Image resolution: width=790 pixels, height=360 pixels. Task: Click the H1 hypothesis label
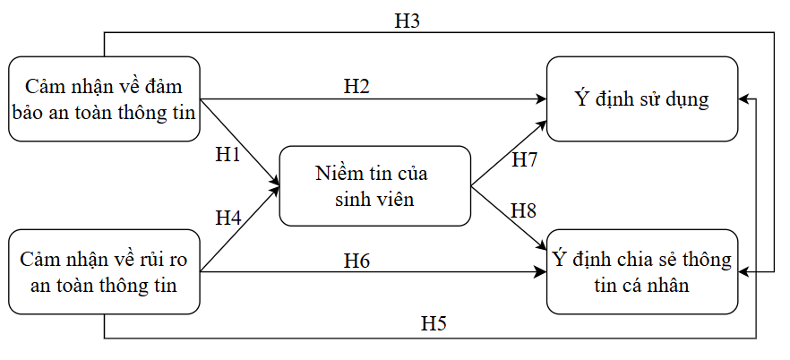point(228,154)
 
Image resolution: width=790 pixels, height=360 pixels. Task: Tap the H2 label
point(357,86)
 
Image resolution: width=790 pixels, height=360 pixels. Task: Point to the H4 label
point(228,217)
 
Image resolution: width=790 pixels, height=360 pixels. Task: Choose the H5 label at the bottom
point(434,324)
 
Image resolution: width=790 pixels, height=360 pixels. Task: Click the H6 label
point(357,261)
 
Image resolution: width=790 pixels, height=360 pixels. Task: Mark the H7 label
point(524,160)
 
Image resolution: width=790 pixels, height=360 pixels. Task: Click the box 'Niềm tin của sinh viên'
point(374,186)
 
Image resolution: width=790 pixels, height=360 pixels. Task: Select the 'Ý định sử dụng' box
point(641,99)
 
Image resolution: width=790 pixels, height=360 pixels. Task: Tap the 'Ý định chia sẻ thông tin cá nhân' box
point(641,271)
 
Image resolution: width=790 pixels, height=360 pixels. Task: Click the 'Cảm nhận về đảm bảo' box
point(103,99)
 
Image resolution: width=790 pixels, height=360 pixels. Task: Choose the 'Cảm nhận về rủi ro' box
point(103,271)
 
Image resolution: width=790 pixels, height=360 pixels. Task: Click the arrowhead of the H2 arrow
point(542,99)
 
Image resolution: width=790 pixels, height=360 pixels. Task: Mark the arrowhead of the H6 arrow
point(542,270)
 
